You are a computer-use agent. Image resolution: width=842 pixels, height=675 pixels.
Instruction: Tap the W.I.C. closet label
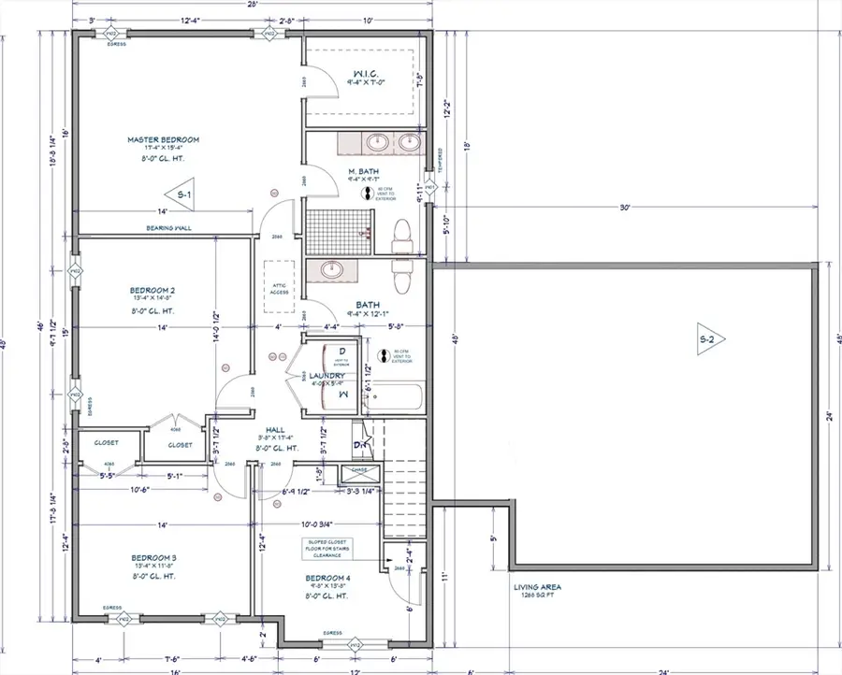click(365, 73)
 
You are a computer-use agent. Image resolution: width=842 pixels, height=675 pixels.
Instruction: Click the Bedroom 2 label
click(152, 291)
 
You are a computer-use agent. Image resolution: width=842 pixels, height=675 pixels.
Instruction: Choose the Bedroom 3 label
click(153, 558)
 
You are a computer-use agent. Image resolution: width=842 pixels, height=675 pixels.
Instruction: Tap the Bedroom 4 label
click(327, 579)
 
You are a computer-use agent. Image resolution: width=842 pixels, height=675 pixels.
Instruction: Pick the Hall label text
click(275, 430)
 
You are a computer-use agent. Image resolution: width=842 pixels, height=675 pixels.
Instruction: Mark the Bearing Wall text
click(167, 227)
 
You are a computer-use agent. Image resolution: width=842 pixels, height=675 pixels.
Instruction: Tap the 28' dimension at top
click(254, 4)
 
